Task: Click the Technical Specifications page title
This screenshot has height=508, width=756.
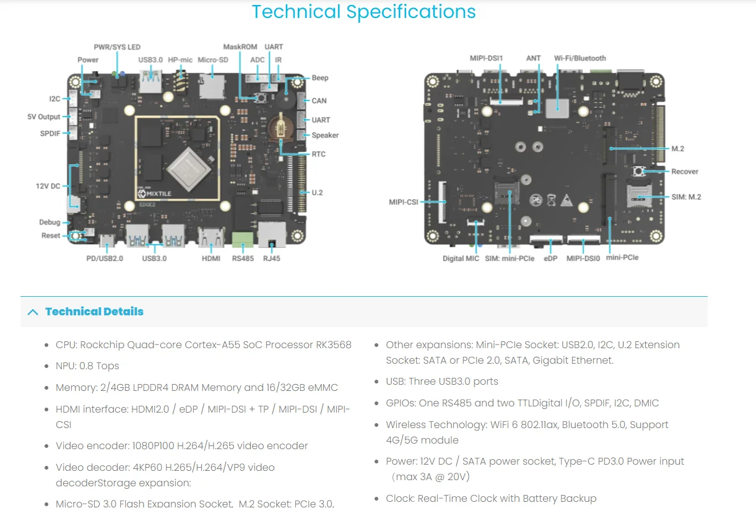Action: (363, 12)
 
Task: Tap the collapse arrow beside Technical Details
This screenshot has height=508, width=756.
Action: (33, 312)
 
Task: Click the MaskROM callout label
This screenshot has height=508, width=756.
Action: (240, 47)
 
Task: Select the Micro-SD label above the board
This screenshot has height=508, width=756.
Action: (213, 60)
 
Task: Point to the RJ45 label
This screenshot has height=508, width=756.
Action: (271, 258)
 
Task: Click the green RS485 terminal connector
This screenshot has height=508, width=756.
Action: (243, 239)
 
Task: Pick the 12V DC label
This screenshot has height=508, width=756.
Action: (48, 186)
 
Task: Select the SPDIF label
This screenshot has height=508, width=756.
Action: (50, 134)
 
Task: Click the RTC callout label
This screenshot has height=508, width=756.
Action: (318, 154)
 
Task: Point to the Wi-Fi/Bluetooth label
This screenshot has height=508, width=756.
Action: (580, 58)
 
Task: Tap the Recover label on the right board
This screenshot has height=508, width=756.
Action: (685, 172)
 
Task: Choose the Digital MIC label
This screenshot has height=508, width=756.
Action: (461, 258)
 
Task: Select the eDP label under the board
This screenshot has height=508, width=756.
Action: (550, 258)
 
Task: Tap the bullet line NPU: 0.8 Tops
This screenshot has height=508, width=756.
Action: (87, 366)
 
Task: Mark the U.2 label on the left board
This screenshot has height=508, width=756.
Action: (317, 193)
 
